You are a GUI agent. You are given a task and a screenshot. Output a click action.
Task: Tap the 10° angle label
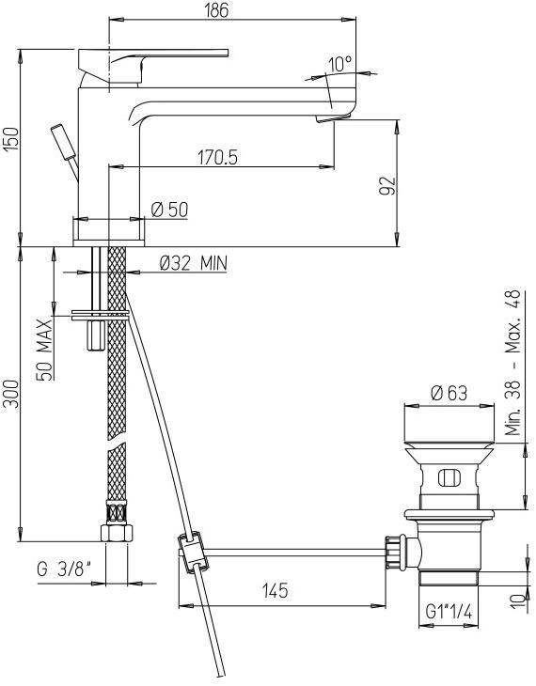(339, 64)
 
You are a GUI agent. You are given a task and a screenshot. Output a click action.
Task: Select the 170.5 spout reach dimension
(217, 158)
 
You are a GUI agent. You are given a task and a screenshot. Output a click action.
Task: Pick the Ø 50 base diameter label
(169, 210)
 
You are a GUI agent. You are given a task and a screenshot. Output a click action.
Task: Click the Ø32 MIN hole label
(193, 263)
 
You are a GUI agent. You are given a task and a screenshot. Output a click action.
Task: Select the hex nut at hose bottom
(116, 533)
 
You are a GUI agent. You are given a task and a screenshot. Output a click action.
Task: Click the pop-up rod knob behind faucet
(61, 140)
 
